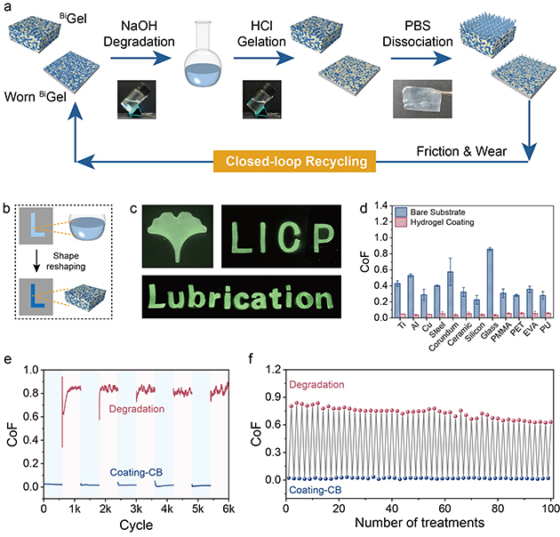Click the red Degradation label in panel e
[140, 407]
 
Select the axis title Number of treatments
[418, 522]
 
